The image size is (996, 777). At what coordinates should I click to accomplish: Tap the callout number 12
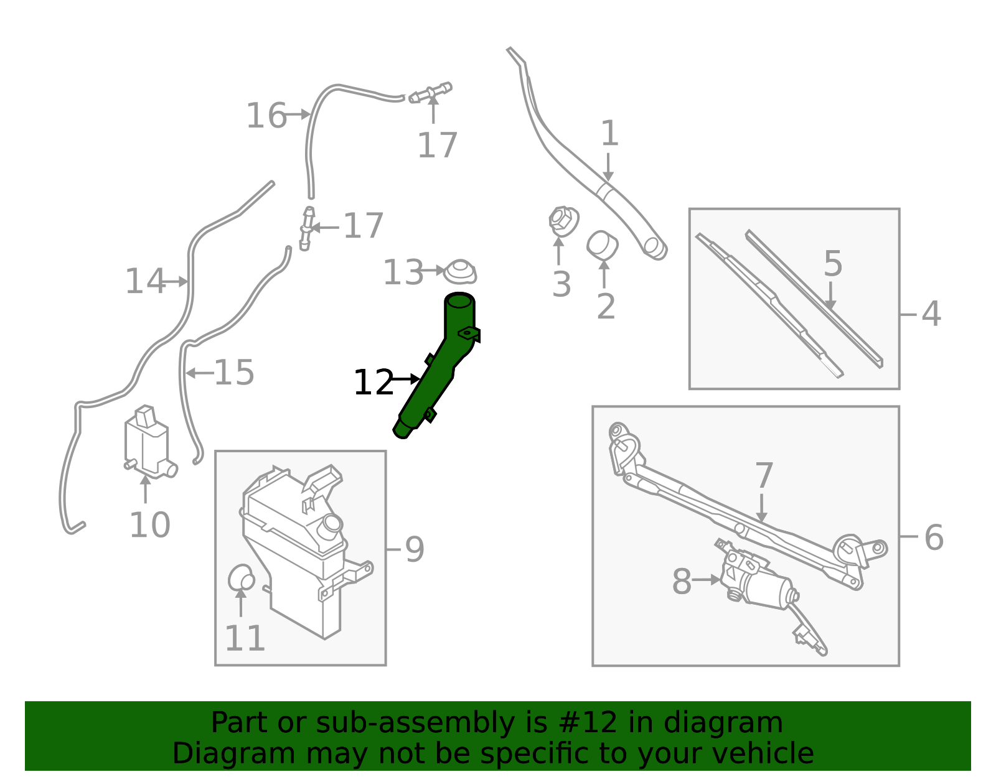374,383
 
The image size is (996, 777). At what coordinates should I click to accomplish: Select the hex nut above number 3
563,221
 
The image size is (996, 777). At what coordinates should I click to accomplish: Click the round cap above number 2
602,245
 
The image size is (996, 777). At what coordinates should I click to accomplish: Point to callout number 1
609,134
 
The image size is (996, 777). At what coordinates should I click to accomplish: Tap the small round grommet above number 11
241,578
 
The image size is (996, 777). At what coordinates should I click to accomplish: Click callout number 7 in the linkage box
764,476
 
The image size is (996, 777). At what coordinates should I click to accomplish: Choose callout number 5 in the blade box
833,264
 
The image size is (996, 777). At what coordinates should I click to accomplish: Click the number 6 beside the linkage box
934,537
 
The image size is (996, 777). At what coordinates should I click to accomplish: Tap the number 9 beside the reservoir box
415,549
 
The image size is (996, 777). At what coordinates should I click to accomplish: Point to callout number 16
266,116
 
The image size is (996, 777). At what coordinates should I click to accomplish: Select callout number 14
145,281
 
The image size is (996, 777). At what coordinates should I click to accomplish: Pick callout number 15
234,373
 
